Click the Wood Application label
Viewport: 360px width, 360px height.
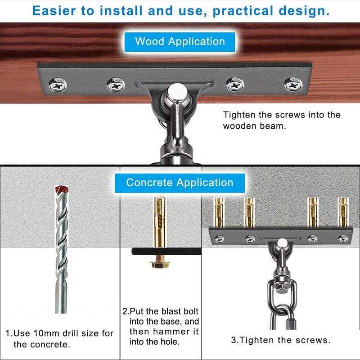point(180,42)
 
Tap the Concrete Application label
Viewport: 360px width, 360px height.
point(180,183)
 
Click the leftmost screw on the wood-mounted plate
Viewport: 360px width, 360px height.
point(58,85)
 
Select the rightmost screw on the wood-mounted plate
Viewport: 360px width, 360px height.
point(293,85)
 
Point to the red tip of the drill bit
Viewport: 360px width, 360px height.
point(62,189)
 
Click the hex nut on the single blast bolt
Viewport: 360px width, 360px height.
point(160,265)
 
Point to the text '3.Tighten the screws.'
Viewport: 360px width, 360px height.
point(280,340)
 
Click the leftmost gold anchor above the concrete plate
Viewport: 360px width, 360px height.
point(219,212)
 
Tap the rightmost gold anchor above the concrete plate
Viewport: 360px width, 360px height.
point(343,212)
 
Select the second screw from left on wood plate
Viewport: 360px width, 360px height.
point(116,85)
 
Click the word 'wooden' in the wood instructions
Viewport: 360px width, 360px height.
point(240,126)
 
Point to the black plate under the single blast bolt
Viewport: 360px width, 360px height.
point(166,251)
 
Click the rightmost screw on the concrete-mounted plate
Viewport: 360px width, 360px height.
point(343,239)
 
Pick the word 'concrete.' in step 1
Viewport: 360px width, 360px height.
point(42,344)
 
